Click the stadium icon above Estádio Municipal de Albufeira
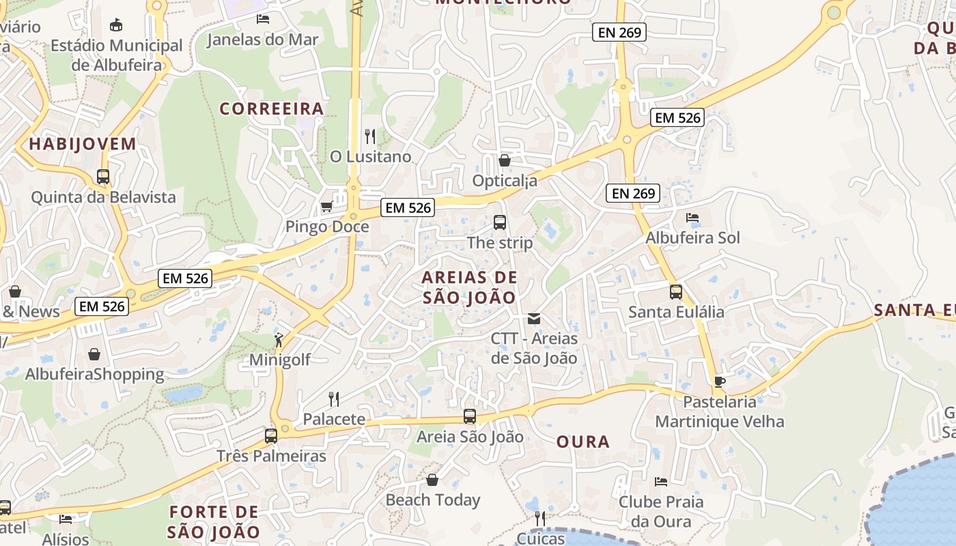pos(116,25)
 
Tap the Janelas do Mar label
pos(262,40)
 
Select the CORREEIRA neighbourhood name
pos(271,109)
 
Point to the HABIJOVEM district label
pos(83,144)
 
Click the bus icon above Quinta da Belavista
pos(103,177)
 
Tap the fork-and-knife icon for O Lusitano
pos(370,136)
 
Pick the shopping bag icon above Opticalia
pos(505,160)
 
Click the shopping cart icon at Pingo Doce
pos(327,206)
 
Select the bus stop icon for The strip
pos(500,222)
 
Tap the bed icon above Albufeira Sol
pos(692,218)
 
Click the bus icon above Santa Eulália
pos(675,292)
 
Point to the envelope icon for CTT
pos(533,319)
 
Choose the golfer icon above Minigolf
pos(279,339)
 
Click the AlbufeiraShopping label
pos(94,374)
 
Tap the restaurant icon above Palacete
pos(334,399)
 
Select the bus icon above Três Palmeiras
pos(271,435)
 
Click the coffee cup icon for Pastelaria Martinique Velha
pos(719,382)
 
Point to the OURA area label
pos(583,442)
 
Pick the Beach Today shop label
pos(433,500)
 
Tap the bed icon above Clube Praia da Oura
pos(660,482)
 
